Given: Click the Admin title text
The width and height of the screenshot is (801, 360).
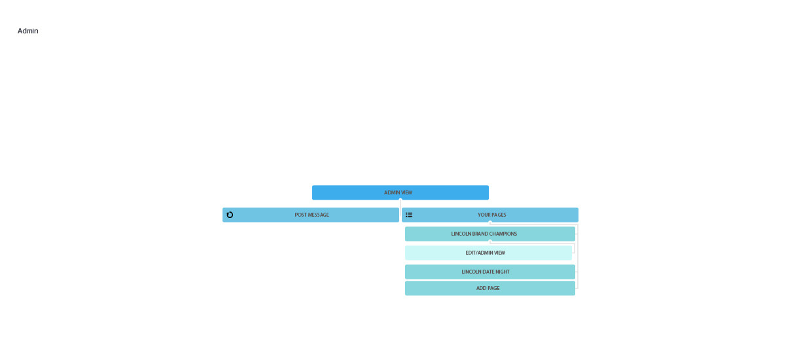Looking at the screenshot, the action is [x=28, y=31].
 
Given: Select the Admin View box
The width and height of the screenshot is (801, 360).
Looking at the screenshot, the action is [x=400, y=192].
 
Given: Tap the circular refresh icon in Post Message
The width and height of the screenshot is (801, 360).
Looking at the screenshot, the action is [x=230, y=215].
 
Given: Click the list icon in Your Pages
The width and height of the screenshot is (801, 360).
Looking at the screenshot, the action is [x=409, y=215].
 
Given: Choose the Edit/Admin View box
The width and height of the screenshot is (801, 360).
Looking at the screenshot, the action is [x=488, y=253].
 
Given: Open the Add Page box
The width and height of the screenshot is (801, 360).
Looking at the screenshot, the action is [x=490, y=288].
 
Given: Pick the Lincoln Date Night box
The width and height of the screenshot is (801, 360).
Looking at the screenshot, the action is [x=490, y=272].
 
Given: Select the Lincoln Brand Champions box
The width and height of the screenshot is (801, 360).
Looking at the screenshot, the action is [x=490, y=234].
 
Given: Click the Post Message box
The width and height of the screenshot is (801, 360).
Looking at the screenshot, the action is [x=311, y=215].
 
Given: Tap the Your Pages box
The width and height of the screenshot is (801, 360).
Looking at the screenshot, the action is [x=490, y=215].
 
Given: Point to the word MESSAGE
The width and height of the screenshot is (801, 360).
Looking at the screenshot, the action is [x=318, y=215].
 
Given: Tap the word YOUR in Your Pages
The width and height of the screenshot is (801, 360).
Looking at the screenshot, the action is [x=483, y=215].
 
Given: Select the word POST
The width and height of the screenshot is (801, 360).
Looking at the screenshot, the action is [x=300, y=215].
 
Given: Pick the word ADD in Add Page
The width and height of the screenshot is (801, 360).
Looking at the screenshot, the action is [x=481, y=288].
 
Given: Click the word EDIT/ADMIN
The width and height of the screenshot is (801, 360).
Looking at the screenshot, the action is [x=479, y=253].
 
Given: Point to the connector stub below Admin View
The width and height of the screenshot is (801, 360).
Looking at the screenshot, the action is [x=400, y=204].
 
